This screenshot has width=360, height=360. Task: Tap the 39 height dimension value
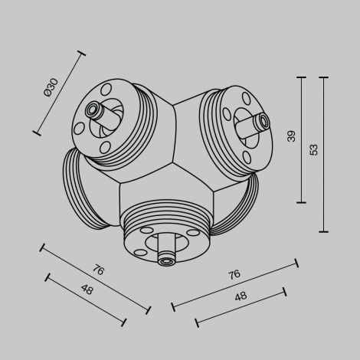(x=291, y=136)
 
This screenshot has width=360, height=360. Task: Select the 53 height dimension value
(x=313, y=150)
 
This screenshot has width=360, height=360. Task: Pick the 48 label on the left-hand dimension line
(x=87, y=290)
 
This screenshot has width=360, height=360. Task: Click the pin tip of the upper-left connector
(x=94, y=109)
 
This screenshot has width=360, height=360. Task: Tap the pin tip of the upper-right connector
(x=264, y=119)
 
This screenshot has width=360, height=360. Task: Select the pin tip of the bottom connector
(x=165, y=261)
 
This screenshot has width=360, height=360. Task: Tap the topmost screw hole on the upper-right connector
(x=244, y=98)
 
